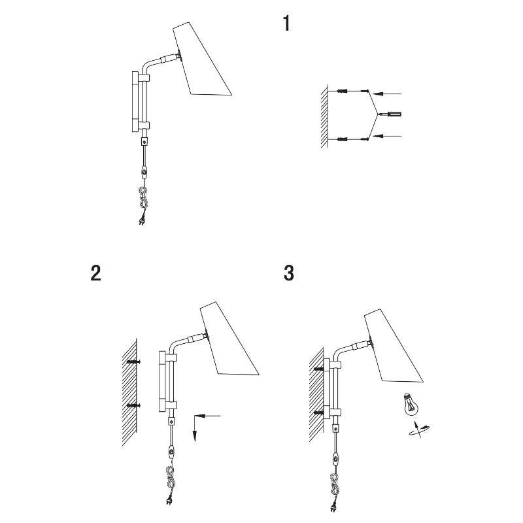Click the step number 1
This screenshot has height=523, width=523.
286,24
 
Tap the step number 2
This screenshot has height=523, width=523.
95,273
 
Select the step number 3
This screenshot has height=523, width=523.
289,273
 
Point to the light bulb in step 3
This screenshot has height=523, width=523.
411,404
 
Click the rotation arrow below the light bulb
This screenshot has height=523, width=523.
419,430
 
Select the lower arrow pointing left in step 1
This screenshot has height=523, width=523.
387,136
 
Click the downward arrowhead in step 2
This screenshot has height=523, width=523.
194,435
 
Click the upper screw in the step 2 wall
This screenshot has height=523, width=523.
134,362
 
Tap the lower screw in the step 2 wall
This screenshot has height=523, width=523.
134,405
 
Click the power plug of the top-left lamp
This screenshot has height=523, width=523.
142,221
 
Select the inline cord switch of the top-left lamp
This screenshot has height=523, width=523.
144,173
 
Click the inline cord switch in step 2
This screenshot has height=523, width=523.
171,452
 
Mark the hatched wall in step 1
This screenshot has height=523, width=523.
324,116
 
